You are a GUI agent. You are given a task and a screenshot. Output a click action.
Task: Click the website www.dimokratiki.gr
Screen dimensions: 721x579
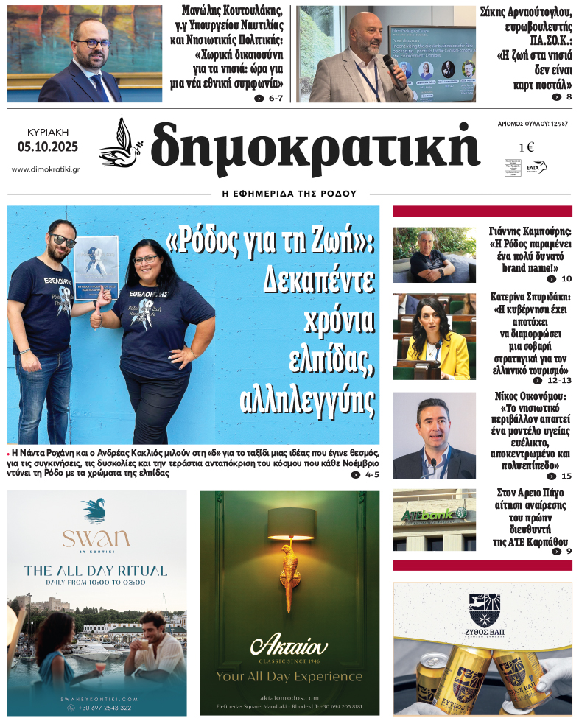[x=46, y=169]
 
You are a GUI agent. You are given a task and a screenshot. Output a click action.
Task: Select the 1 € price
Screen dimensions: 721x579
[x=527, y=147]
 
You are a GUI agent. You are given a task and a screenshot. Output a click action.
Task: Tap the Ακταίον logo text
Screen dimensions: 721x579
[x=289, y=647]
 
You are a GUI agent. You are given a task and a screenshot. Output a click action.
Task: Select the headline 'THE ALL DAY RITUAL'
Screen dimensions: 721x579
[x=96, y=570]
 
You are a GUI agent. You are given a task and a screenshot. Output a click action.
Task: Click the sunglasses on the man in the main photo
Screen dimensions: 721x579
[x=63, y=240]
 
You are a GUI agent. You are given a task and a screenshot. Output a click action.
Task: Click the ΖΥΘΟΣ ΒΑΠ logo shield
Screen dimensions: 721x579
[x=484, y=608]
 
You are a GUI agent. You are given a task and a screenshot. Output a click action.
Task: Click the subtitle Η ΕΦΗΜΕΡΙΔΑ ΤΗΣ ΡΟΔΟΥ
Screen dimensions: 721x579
[x=289, y=194]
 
